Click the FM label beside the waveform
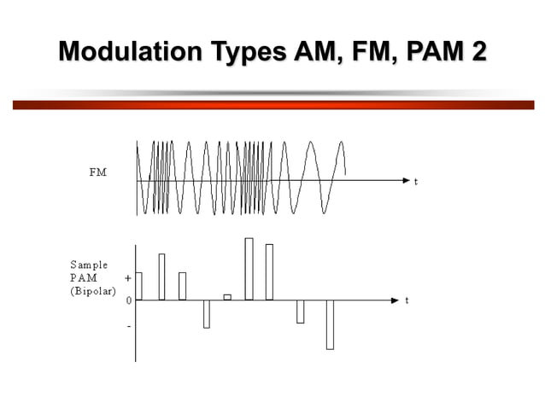(98, 172)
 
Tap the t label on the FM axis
(416, 182)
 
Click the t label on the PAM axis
(407, 300)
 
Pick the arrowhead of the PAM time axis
(394, 300)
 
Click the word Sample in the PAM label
(89, 265)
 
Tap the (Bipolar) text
(92, 290)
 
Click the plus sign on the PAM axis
(128, 278)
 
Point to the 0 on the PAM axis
(128, 301)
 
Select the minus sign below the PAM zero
(129, 326)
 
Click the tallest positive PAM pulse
(249, 269)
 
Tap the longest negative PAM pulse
(330, 324)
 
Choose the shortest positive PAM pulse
(227, 297)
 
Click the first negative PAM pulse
(207, 314)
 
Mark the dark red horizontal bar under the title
(272, 105)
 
